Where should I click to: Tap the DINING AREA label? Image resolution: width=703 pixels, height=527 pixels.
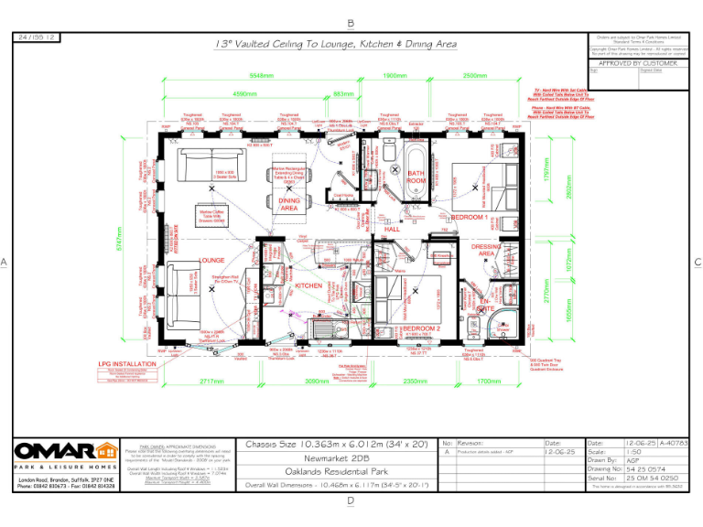289,204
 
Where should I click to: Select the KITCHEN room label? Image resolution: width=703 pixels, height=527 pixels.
308,285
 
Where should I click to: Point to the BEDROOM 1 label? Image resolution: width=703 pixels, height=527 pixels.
470,216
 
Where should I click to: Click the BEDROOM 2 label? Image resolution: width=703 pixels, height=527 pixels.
422,328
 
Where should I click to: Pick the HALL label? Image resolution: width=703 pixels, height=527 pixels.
393,230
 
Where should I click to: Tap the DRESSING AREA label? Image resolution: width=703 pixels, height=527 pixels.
485,250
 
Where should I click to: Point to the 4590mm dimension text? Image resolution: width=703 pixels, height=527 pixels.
243,93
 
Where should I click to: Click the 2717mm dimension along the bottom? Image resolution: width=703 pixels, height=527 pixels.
211,380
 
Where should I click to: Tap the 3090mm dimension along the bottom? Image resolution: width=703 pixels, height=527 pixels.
317,380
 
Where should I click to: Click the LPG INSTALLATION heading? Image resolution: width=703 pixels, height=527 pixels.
128,363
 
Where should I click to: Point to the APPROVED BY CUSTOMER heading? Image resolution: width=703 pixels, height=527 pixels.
637,63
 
